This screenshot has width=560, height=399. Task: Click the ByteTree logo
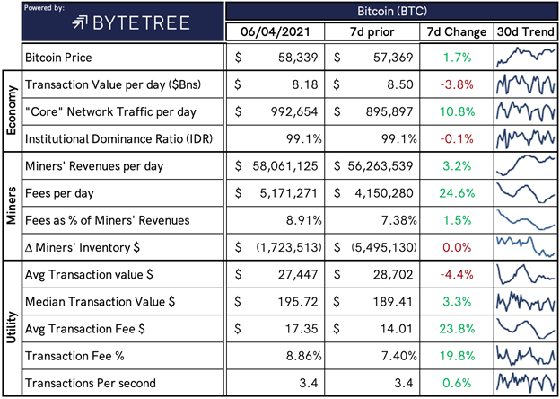click(131, 23)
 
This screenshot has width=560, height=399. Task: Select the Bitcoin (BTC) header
click(392, 11)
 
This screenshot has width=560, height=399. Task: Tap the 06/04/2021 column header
click(275, 32)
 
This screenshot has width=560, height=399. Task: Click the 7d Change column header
click(457, 32)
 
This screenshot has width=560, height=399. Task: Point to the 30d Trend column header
click(525, 32)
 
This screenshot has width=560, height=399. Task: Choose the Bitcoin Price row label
click(58, 58)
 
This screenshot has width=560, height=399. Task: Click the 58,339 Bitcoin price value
click(298, 58)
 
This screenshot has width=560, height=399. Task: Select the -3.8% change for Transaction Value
click(457, 84)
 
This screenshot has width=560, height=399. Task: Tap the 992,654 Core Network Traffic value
click(294, 112)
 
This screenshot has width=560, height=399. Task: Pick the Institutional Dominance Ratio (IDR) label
click(119, 138)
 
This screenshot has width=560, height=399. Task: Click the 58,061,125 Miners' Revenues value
click(284, 166)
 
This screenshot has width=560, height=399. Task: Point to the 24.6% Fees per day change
click(457, 193)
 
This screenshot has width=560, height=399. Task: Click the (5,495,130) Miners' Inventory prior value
click(382, 247)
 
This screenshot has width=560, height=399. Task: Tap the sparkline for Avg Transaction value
click(525, 274)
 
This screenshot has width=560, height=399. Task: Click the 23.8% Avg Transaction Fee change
click(457, 329)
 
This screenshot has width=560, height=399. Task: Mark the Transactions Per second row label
click(91, 383)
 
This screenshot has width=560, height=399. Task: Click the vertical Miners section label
click(12, 206)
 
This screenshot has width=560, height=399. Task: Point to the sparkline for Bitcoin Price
click(525, 58)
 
